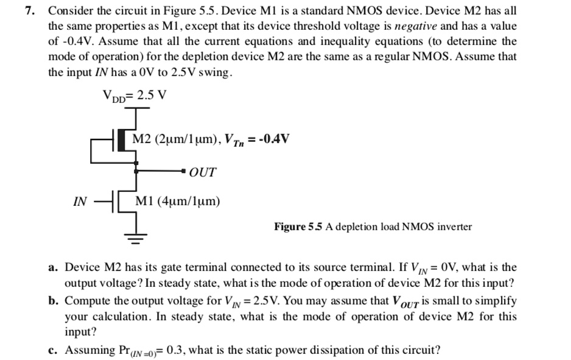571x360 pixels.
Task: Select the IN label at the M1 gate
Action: [x=80, y=201]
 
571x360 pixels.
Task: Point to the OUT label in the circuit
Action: [x=202, y=172]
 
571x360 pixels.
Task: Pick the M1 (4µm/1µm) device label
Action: [x=178, y=200]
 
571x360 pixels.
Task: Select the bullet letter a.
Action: [x=54, y=267]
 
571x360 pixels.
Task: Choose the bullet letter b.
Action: [x=54, y=301]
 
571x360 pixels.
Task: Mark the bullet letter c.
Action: [x=54, y=350]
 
